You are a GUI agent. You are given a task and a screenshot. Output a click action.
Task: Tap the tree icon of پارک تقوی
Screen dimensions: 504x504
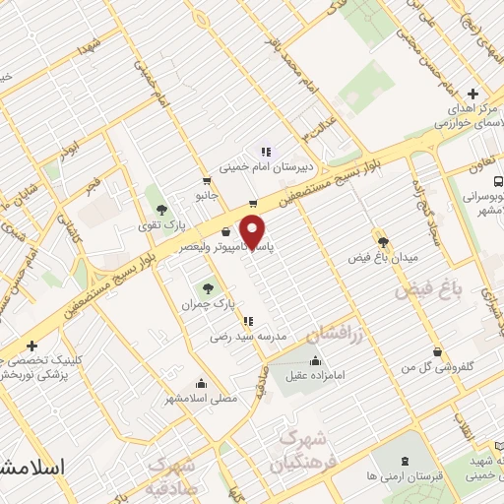pyautogui.click(x=160, y=208)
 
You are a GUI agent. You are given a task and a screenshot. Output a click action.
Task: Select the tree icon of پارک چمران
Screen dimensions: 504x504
pyautogui.click(x=208, y=288)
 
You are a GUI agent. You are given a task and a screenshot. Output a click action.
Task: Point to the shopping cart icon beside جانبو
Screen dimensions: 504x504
pyautogui.click(x=207, y=181)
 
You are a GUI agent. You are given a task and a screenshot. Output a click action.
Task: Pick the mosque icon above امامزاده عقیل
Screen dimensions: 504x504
pyautogui.click(x=315, y=360)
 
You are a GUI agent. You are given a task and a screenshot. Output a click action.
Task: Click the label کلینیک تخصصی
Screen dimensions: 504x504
pyautogui.click(x=39, y=361)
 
